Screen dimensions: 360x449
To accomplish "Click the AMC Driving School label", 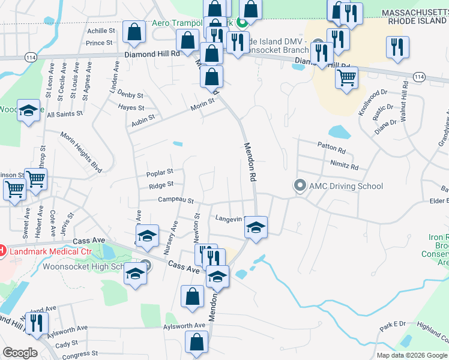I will click(x=346, y=186).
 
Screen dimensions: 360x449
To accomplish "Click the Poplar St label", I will click(x=159, y=172).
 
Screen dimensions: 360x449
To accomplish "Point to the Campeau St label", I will click(x=176, y=200).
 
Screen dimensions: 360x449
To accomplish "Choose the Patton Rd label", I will click(x=331, y=151).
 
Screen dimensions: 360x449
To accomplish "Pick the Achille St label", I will click(x=101, y=31).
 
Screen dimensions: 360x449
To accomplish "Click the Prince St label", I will click(x=100, y=43).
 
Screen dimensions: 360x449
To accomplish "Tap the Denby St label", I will click(x=130, y=95).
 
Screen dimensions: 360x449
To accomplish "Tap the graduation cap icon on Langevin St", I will click(x=256, y=227).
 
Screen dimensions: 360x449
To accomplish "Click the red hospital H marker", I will click(x=2, y=250).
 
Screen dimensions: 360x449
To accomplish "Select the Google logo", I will click(x=20, y=353).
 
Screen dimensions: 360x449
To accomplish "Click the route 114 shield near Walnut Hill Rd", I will click(x=419, y=77).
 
